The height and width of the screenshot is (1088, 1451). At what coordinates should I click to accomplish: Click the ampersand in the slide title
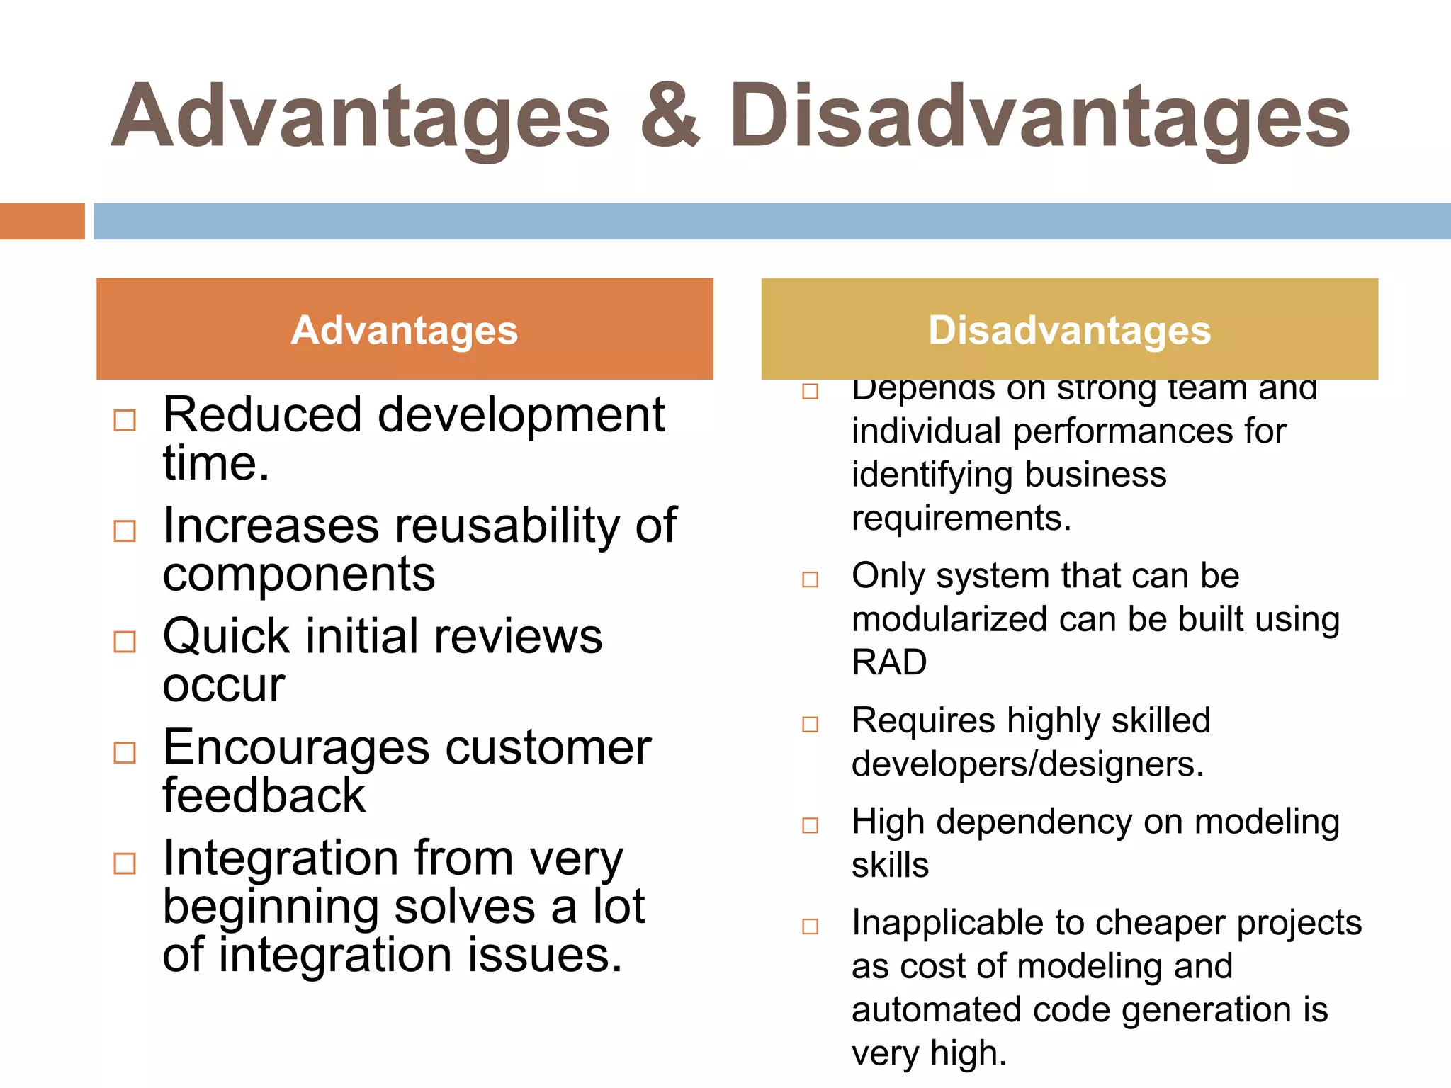[670, 117]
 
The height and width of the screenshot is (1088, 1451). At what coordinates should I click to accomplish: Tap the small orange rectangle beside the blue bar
[42, 221]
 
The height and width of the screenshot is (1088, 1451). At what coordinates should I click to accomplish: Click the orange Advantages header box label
[405, 330]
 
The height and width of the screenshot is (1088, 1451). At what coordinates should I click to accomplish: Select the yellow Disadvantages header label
[1069, 330]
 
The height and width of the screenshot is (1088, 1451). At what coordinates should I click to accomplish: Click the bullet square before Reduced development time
[125, 420]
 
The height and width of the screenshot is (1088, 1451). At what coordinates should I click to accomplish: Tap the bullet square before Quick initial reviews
[125, 642]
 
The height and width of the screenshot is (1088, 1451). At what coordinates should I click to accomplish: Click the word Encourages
[295, 748]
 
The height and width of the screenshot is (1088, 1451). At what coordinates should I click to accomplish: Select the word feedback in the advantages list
[264, 795]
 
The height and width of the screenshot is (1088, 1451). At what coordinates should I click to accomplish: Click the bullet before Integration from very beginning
[125, 863]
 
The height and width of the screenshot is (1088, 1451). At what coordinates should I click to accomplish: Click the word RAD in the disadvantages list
[889, 663]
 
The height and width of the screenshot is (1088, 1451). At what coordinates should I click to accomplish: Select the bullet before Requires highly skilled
[810, 724]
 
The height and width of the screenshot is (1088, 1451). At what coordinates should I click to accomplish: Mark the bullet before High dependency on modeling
[810, 825]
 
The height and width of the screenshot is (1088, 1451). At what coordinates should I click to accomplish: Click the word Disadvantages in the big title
[1039, 117]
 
